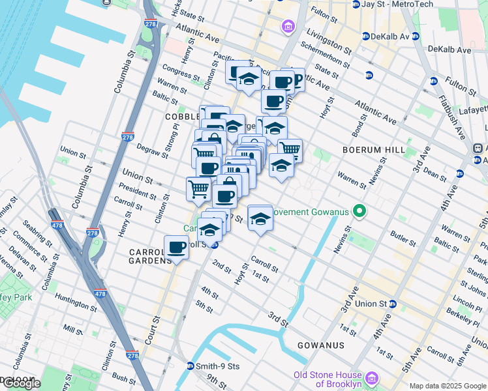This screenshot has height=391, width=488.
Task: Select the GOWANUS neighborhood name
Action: [x=320, y=345]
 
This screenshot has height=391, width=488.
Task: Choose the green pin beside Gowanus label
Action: [x=358, y=211]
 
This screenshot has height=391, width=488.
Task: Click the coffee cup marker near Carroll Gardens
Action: [x=176, y=247]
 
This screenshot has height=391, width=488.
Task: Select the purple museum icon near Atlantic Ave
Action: [x=287, y=27]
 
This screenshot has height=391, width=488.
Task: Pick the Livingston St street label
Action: [x=331, y=42]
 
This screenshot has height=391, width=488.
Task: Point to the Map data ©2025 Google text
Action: [x=447, y=386]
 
